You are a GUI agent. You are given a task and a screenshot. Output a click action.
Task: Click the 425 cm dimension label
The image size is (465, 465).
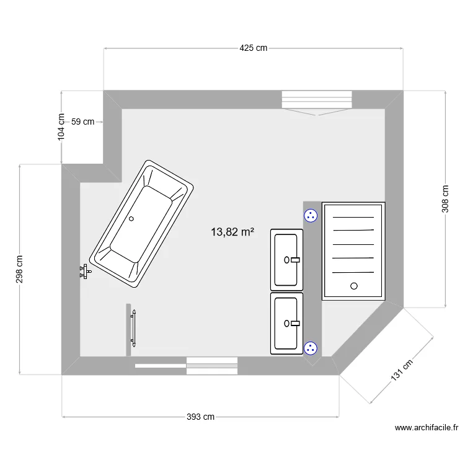click(253, 48)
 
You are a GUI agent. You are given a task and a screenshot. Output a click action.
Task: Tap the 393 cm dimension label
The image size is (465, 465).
click(200, 417)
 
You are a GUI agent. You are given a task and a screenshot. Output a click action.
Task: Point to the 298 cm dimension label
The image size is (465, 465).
click(20, 270)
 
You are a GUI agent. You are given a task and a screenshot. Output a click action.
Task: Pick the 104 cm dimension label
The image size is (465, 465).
click(61, 126)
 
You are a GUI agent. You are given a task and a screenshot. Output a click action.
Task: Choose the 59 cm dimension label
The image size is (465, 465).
click(83, 122)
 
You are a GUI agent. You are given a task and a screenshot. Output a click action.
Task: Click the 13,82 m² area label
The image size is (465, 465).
click(232, 232)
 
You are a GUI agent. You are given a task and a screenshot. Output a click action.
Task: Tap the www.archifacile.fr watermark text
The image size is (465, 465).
click(426, 427)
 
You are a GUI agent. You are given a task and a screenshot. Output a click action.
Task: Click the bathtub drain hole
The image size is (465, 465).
click(131, 218)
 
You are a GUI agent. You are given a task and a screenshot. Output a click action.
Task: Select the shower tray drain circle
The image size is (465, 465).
click(354, 286)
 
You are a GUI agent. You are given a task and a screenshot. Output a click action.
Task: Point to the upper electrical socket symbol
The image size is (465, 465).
click(311, 216)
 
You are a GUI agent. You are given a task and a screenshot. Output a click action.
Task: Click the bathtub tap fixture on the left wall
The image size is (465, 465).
click(85, 271)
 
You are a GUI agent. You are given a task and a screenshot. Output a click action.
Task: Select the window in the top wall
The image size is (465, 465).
click(317, 100)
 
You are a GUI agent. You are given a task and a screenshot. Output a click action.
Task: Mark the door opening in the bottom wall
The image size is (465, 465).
click(212, 366)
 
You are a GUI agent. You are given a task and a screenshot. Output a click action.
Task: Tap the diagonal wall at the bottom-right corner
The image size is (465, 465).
click(366, 339)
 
